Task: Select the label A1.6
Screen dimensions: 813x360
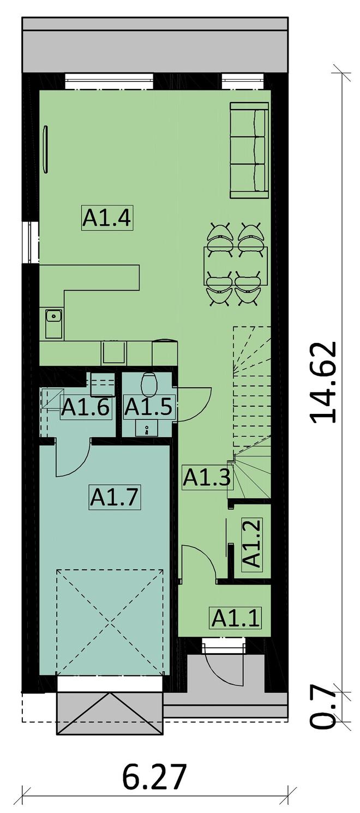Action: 86,407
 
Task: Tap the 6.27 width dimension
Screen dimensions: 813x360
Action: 155,776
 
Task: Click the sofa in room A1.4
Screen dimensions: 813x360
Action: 249,150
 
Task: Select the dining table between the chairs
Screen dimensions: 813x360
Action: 236,266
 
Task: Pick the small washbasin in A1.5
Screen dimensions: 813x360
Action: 147,428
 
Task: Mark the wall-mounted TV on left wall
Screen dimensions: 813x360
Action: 46,149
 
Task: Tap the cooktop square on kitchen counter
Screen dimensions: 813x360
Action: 114,352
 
